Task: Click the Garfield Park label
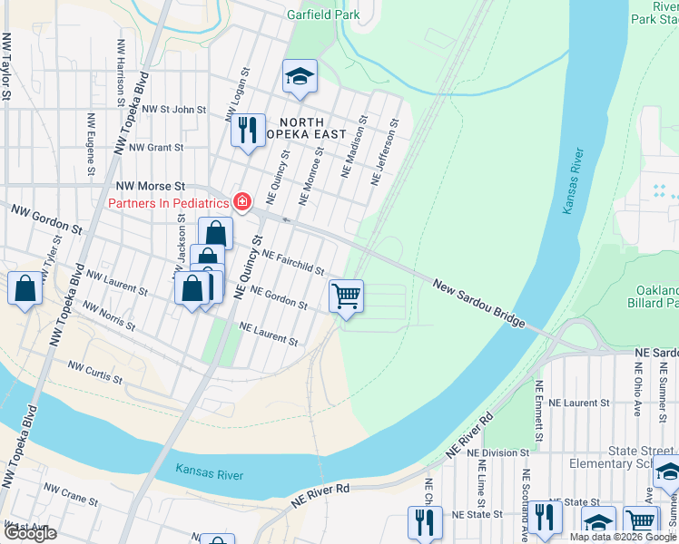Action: coord(323,15)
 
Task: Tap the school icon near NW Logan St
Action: coord(299,78)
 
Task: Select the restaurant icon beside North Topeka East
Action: coord(247,130)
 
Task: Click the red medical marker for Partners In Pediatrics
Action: coord(242,202)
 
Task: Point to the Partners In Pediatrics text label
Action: coord(168,202)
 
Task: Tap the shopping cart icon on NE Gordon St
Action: coord(346,296)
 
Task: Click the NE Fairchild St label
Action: coord(293,263)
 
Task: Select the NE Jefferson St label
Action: coord(386,152)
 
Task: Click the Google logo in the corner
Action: coord(29,533)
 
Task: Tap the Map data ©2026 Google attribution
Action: coord(623,537)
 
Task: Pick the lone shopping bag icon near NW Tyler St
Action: coord(25,289)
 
